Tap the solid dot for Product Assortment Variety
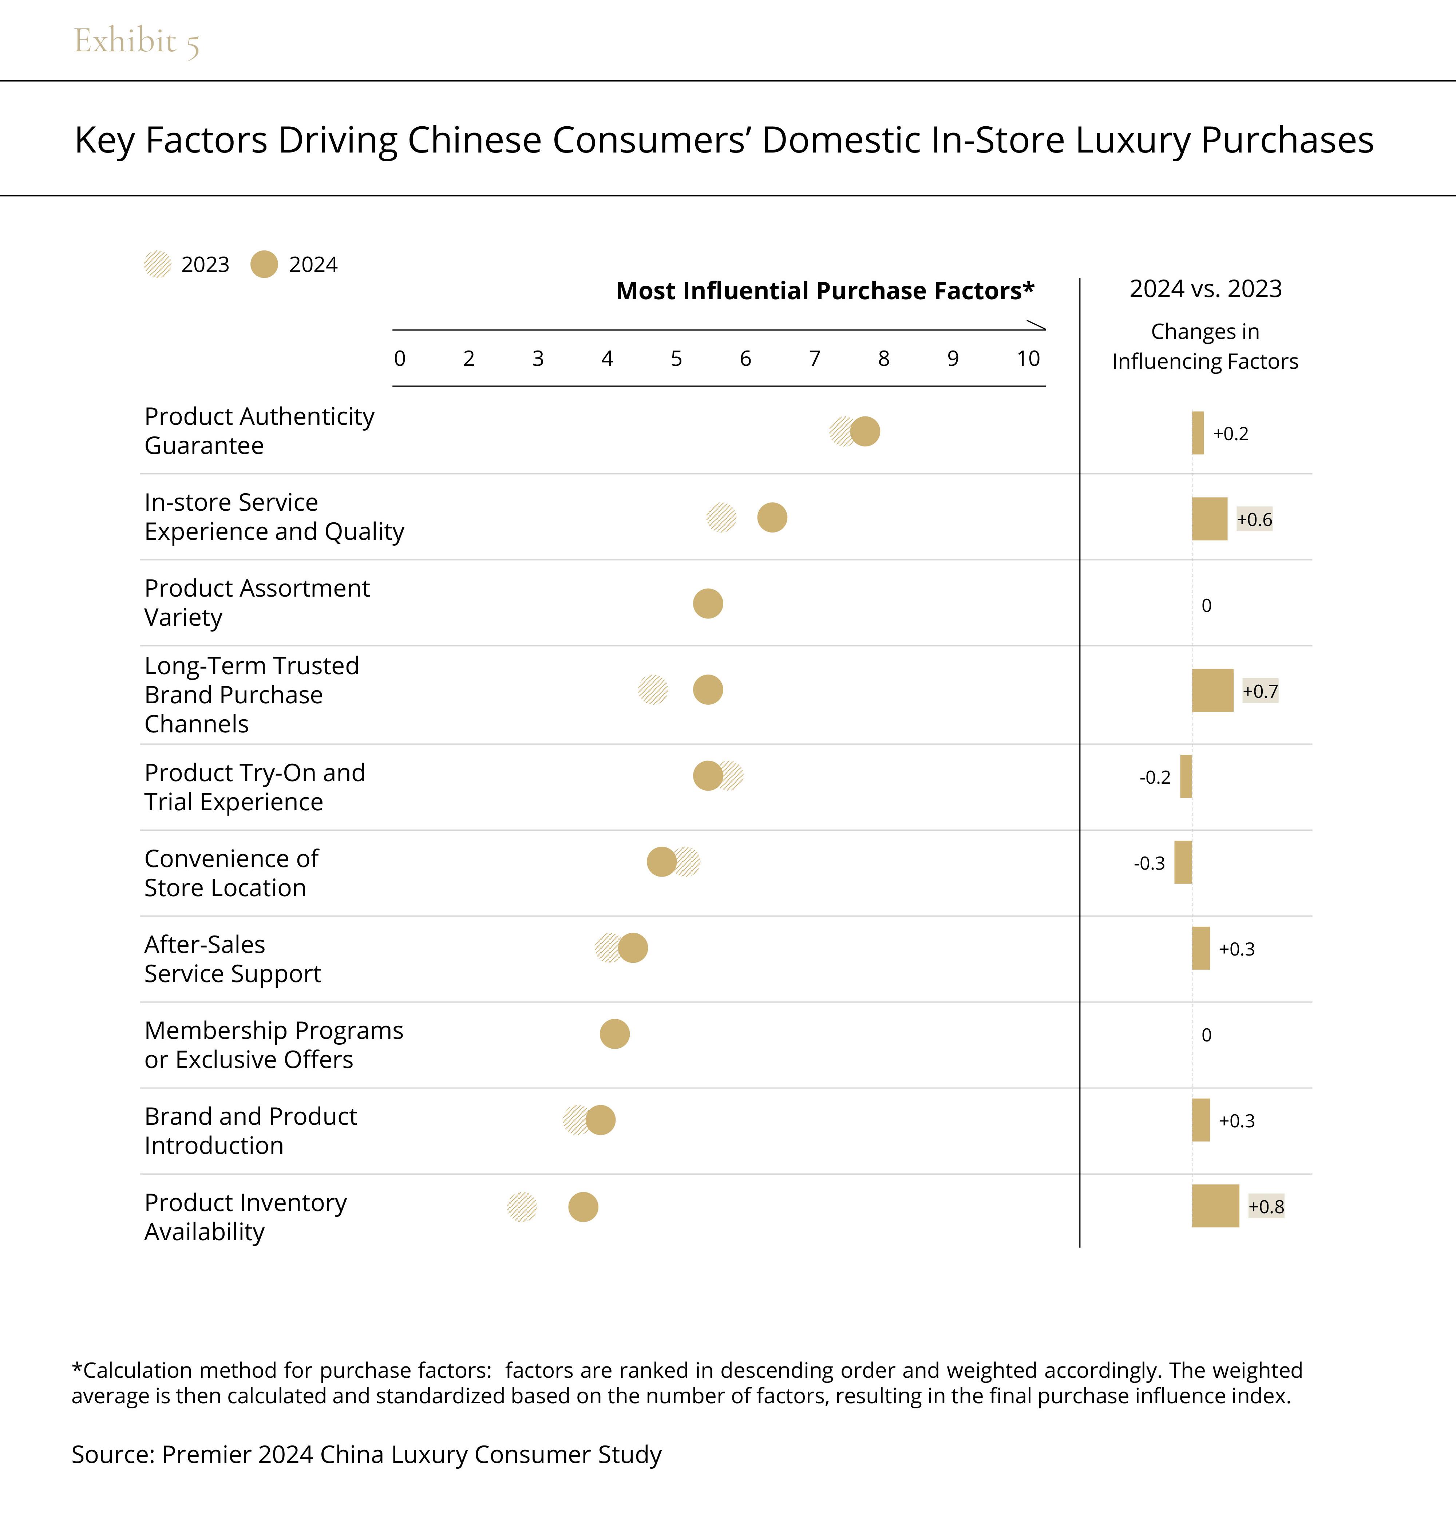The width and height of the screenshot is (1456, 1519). (708, 604)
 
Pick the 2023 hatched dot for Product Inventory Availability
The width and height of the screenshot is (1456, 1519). (522, 1207)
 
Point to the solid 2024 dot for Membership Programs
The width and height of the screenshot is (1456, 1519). (614, 1034)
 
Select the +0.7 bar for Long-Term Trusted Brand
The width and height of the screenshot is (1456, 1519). (1212, 691)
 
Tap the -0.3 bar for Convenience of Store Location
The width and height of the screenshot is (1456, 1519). (1183, 863)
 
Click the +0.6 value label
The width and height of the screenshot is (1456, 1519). (1254, 519)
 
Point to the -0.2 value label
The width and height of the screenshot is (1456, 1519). (1155, 777)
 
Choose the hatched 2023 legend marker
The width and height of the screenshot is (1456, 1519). (157, 264)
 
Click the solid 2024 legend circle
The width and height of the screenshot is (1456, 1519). (264, 264)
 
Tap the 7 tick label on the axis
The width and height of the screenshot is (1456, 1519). (814, 359)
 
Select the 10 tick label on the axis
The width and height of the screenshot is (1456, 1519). (1028, 359)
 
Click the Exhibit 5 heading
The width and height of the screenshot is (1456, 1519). (136, 41)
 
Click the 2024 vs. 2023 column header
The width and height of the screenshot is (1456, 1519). (1205, 289)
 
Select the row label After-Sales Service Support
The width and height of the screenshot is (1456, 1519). (233, 959)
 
